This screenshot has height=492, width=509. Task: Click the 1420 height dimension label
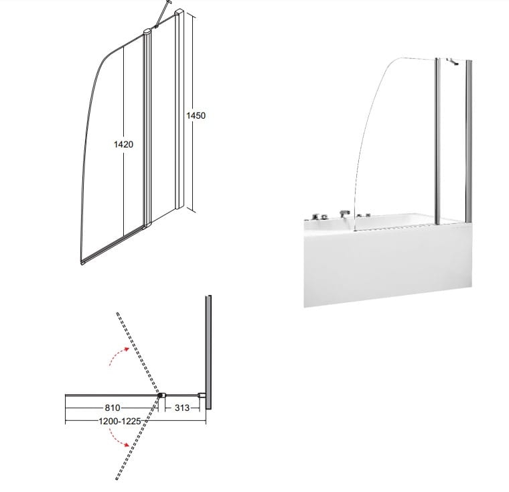click(x=123, y=144)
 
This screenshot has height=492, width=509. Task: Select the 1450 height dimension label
click(x=196, y=115)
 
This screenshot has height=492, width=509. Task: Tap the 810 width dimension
click(x=113, y=408)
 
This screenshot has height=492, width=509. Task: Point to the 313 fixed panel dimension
click(x=182, y=408)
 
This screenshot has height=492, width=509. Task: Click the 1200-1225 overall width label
click(x=120, y=421)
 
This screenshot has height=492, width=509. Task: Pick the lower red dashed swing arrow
click(x=119, y=437)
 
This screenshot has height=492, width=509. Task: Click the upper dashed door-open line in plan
click(x=138, y=353)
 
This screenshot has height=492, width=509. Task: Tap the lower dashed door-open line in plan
click(x=138, y=438)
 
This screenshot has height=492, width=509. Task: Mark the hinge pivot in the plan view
click(x=161, y=395)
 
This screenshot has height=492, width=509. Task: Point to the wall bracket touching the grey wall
click(x=202, y=395)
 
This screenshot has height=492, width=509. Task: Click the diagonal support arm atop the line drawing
click(x=161, y=14)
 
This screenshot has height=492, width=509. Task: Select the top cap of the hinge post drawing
click(x=147, y=32)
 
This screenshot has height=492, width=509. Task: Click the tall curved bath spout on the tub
click(x=344, y=214)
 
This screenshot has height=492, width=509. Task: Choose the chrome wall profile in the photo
click(x=469, y=142)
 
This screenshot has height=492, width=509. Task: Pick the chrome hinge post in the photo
click(x=438, y=141)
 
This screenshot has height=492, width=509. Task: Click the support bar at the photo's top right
click(x=452, y=61)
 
